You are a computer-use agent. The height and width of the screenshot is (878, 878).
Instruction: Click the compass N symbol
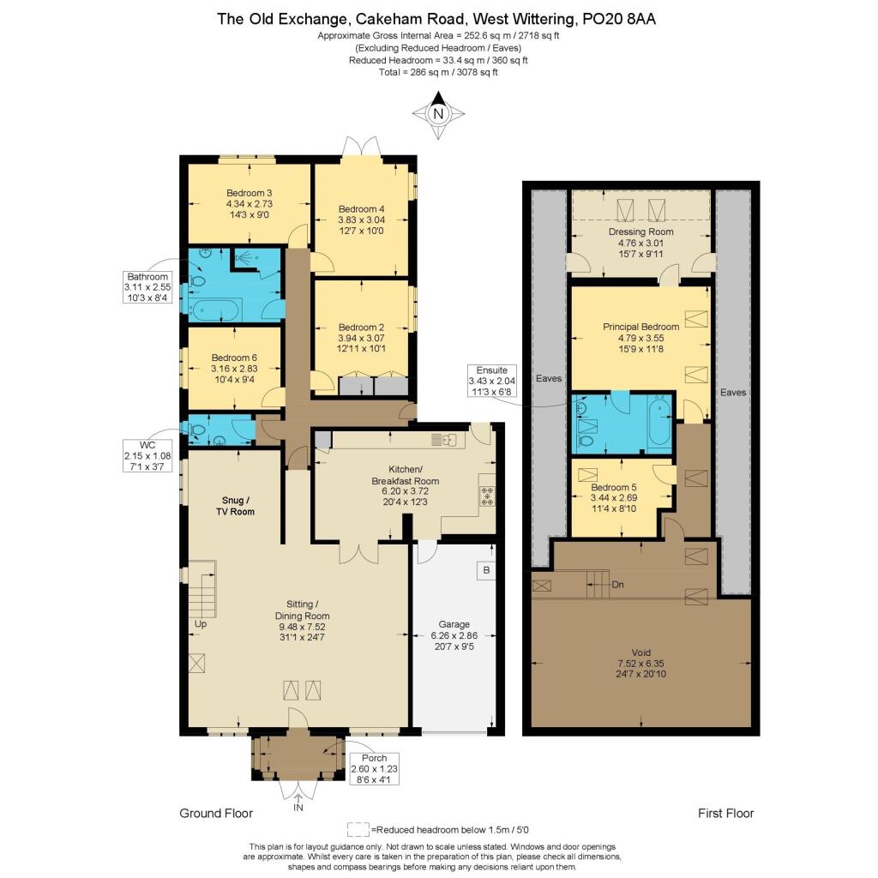[438, 114]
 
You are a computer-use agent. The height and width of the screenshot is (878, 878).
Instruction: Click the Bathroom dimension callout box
[147, 287]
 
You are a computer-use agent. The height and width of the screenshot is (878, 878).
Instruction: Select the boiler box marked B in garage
[486, 570]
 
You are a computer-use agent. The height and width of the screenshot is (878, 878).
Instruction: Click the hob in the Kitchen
[488, 496]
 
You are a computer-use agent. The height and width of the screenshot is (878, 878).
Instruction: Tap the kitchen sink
[445, 440]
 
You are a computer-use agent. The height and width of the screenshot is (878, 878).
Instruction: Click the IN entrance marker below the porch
[298, 808]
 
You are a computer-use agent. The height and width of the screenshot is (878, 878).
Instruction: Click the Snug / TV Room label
[233, 505]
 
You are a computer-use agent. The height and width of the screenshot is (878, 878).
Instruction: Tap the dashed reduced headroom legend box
[358, 829]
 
